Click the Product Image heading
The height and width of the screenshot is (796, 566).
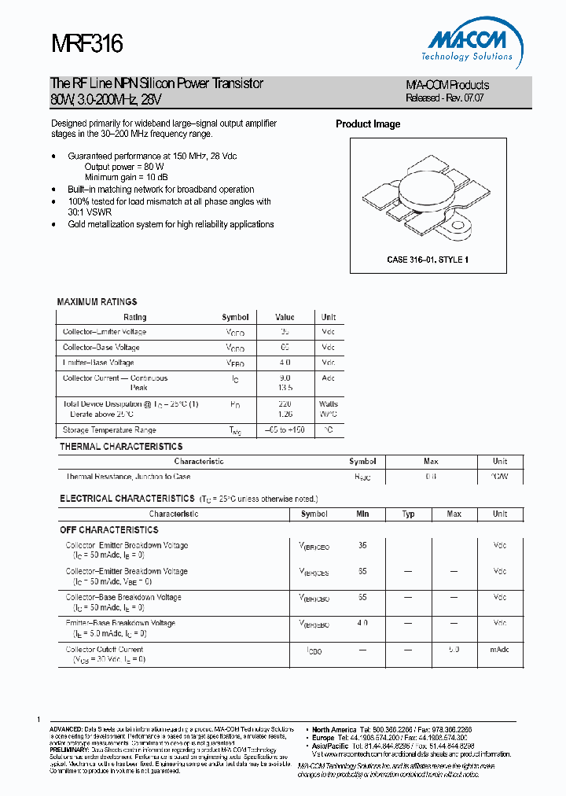pyautogui.click(x=368, y=124)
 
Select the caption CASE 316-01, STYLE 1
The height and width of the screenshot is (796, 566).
pyautogui.click(x=428, y=260)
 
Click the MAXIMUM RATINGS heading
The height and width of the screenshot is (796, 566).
pyautogui.click(x=97, y=302)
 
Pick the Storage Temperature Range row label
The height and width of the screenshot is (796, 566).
pyautogui.click(x=109, y=430)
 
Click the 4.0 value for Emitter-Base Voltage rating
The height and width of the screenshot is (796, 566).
pyautogui.click(x=285, y=363)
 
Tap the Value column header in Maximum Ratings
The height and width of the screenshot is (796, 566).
pyautogui.click(x=285, y=317)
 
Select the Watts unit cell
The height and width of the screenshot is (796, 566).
pyautogui.click(x=329, y=404)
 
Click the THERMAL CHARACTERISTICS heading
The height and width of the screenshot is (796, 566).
pyautogui.click(x=121, y=447)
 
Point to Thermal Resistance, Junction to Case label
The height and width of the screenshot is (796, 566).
pyautogui.click(x=127, y=477)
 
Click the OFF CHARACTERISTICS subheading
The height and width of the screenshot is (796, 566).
pyautogui.click(x=109, y=530)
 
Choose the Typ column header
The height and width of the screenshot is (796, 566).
pyautogui.click(x=409, y=514)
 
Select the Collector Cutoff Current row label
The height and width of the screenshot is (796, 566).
pyautogui.click(x=105, y=650)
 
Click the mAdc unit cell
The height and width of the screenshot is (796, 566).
pyautogui.click(x=500, y=650)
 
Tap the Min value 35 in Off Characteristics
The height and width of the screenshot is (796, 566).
pyautogui.click(x=362, y=545)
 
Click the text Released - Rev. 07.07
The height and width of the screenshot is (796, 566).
pyautogui.click(x=445, y=98)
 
